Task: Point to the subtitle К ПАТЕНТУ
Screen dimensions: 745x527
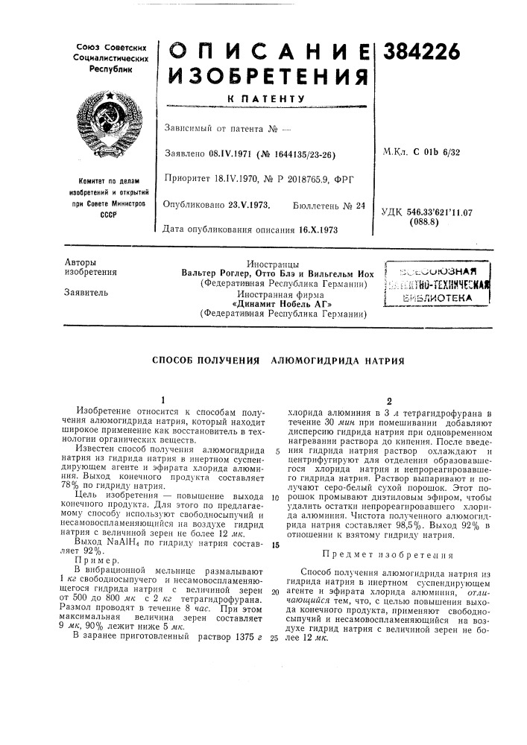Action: pos(267,98)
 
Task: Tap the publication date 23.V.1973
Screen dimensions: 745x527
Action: pos(247,203)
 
